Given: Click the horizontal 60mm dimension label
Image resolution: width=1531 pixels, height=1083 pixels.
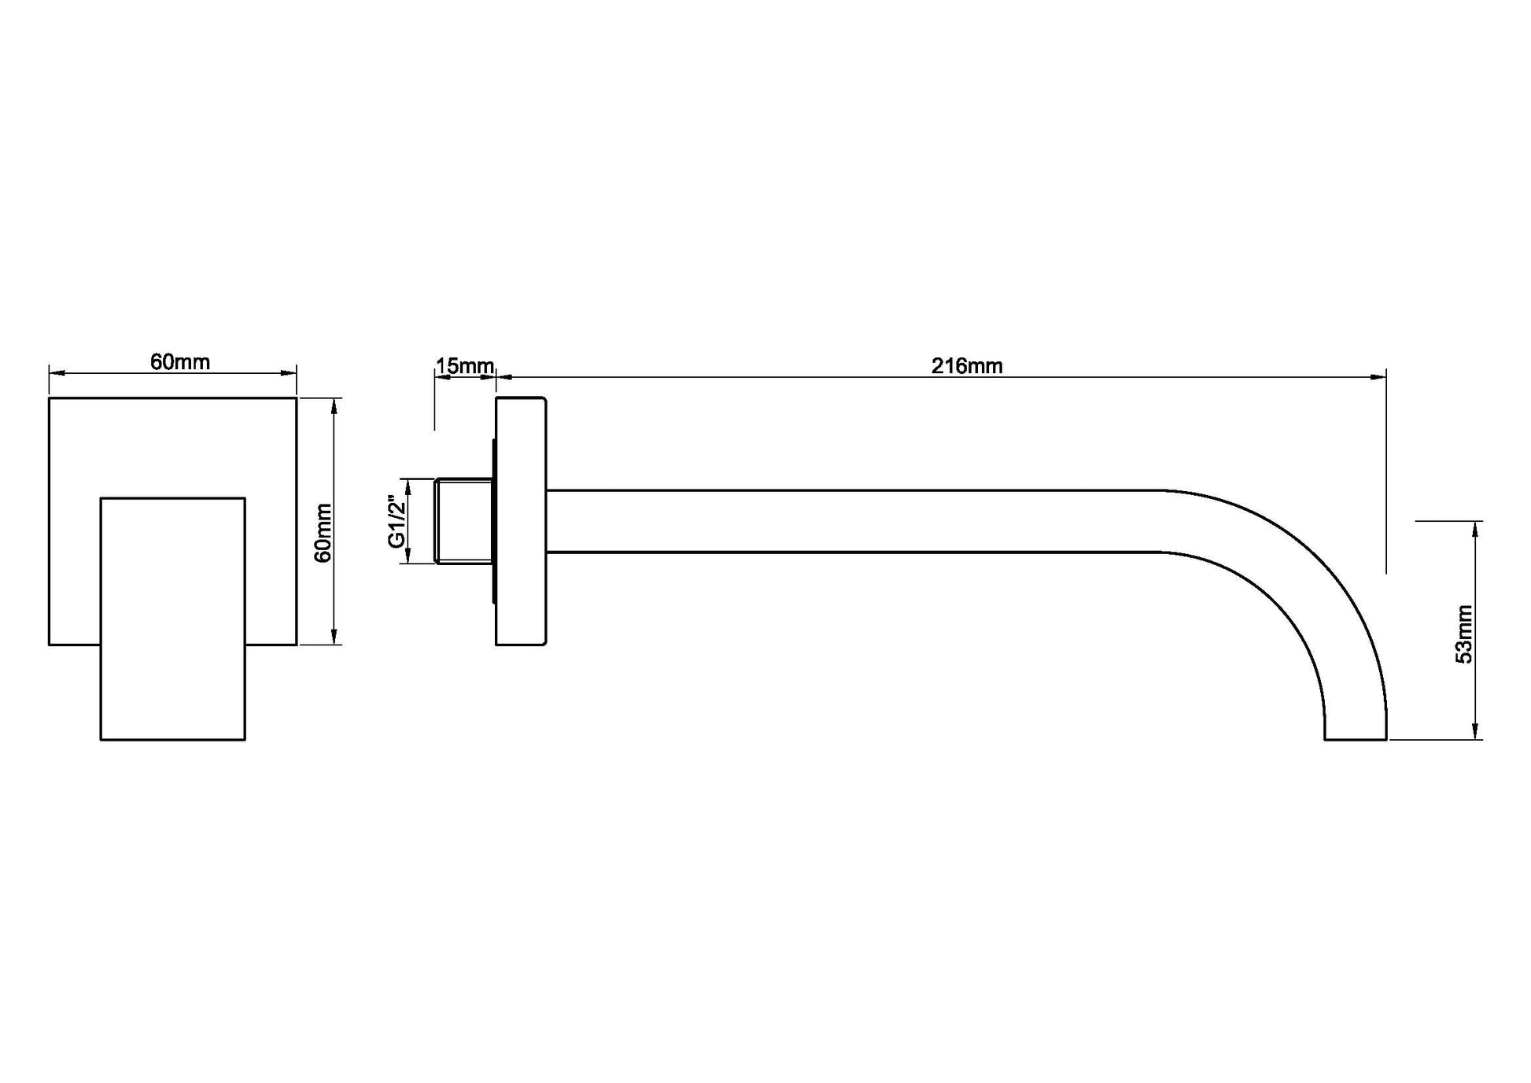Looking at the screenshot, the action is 180,362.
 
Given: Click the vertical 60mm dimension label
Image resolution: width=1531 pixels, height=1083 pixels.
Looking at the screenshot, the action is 323,533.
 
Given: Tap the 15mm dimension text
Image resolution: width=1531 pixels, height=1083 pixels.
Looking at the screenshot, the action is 465,366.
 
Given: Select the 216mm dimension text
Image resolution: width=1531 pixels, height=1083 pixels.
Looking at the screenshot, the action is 967,366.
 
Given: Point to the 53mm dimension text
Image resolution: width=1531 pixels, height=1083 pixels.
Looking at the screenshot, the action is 1464,634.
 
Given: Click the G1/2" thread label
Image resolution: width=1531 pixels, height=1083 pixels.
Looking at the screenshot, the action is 397,522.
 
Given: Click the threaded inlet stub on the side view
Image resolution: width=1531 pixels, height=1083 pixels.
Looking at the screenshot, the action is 464,520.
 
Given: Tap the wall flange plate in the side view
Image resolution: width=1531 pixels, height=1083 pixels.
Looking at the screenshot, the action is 521,521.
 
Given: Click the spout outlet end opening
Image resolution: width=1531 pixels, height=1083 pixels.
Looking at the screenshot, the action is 1356,739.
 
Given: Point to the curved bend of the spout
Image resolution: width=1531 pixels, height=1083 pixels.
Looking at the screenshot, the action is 1298,598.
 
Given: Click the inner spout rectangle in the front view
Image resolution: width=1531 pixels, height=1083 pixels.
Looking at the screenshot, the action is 173,619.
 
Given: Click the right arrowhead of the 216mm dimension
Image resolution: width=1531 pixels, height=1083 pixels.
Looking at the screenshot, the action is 1378,377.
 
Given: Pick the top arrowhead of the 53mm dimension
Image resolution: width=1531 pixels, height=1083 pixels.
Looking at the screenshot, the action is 1475,530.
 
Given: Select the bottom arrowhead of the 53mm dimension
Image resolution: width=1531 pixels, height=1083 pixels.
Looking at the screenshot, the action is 1475,731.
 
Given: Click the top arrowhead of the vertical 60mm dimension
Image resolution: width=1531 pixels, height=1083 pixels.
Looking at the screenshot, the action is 335,407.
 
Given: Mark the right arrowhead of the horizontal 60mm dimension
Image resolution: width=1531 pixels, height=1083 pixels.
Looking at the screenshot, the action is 288,373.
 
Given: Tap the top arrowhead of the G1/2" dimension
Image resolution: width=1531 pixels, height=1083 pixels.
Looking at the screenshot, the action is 407,486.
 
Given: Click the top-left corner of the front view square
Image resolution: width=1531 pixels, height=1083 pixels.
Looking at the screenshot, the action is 49,397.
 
